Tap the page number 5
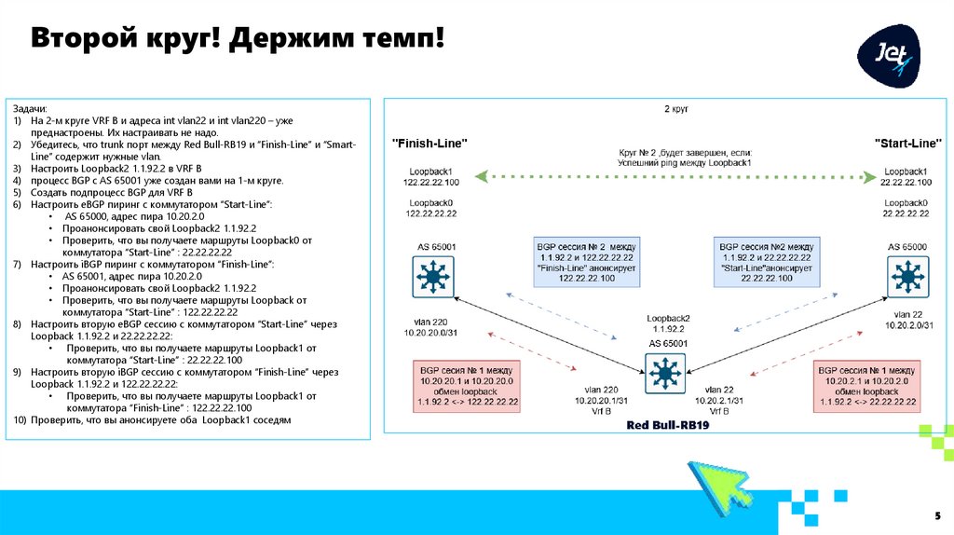(x=937, y=515)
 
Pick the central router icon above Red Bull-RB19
(x=665, y=375)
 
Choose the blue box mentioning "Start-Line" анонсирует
(x=766, y=260)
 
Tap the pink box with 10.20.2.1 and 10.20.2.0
(x=866, y=386)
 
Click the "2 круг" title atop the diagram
(x=675, y=110)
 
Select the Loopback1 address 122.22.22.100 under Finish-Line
(x=431, y=183)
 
